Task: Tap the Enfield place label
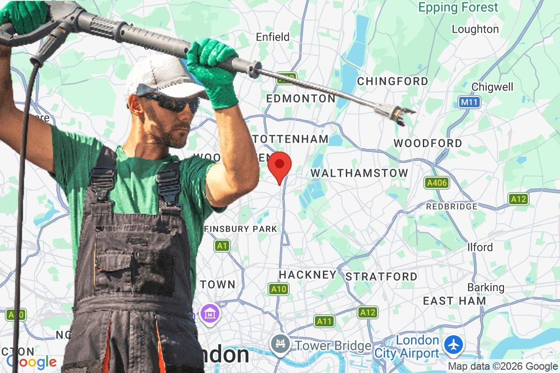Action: (273, 37)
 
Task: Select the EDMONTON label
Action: (301, 99)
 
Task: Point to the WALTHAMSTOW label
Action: (359, 173)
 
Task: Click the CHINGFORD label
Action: (392, 81)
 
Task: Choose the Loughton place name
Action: (475, 29)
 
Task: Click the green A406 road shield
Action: (437, 183)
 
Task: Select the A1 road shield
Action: (223, 245)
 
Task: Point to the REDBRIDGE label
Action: (452, 206)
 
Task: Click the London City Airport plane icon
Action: (453, 345)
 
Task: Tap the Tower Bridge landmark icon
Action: (280, 345)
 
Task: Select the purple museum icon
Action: (208, 312)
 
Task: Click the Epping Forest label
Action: (458, 7)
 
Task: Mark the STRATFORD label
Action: (381, 276)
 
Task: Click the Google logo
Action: (31, 361)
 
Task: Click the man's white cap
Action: (161, 77)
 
